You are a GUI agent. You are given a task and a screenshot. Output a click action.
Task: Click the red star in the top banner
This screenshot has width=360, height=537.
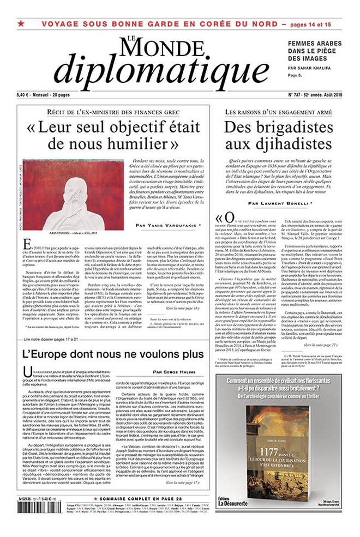point(21,24)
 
